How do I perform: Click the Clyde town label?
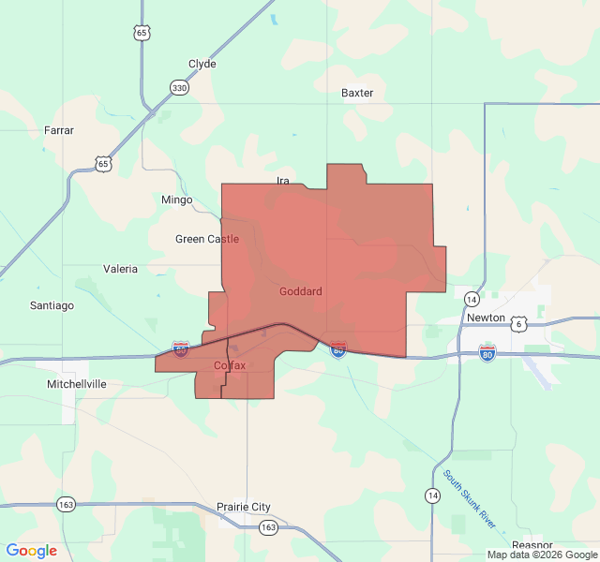pyautogui.click(x=202, y=64)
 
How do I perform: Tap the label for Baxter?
pyautogui.click(x=357, y=93)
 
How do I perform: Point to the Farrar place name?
pyautogui.click(x=59, y=130)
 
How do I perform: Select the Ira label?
pyautogui.click(x=283, y=180)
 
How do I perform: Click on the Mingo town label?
pyautogui.click(x=176, y=200)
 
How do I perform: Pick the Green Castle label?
pyautogui.click(x=206, y=239)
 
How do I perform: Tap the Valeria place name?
pyautogui.click(x=120, y=269)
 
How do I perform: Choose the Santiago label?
pyautogui.click(x=52, y=305)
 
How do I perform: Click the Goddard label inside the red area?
pyautogui.click(x=300, y=291)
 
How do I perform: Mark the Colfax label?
pyautogui.click(x=230, y=365)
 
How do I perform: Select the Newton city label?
pyautogui.click(x=486, y=318)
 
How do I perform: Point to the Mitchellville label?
pyautogui.click(x=77, y=384)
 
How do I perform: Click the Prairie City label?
pyautogui.click(x=244, y=507)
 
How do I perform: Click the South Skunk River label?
pyautogui.click(x=471, y=499)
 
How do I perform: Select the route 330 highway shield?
pyautogui.click(x=178, y=88)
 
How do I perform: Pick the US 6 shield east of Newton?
pyautogui.click(x=518, y=323)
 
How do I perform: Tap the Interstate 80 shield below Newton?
pyautogui.click(x=487, y=352)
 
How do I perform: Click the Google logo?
pyautogui.click(x=32, y=551)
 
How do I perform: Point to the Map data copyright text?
pyautogui.click(x=542, y=555)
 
